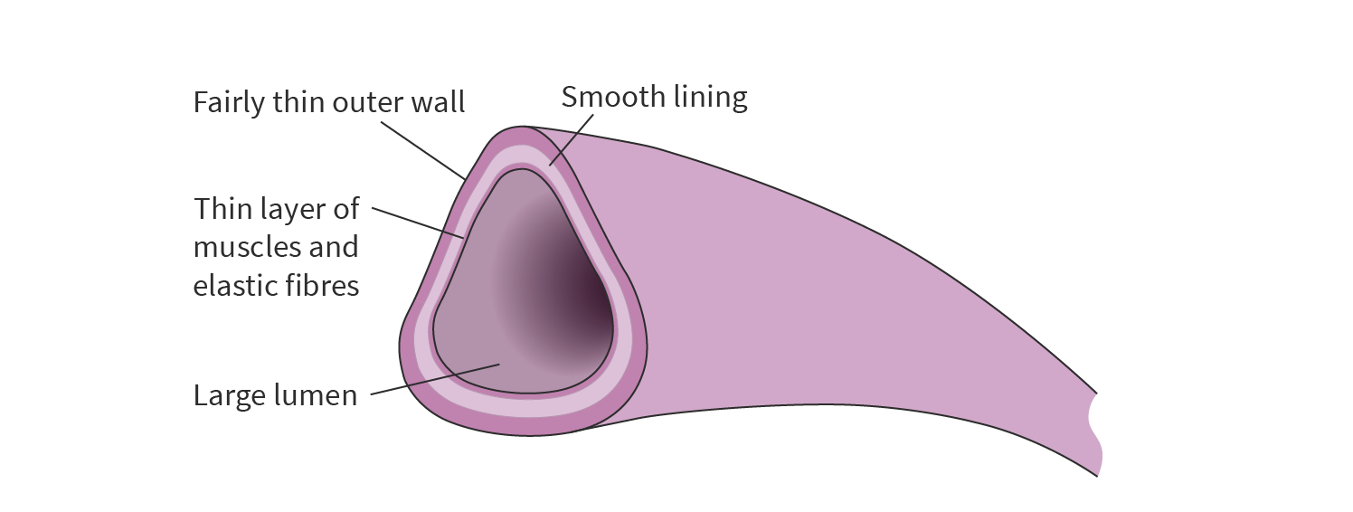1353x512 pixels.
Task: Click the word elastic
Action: (x=235, y=286)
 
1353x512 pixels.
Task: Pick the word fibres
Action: (x=323, y=286)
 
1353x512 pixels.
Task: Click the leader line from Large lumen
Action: (x=434, y=379)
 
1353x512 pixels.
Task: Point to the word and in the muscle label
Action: (x=332, y=247)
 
